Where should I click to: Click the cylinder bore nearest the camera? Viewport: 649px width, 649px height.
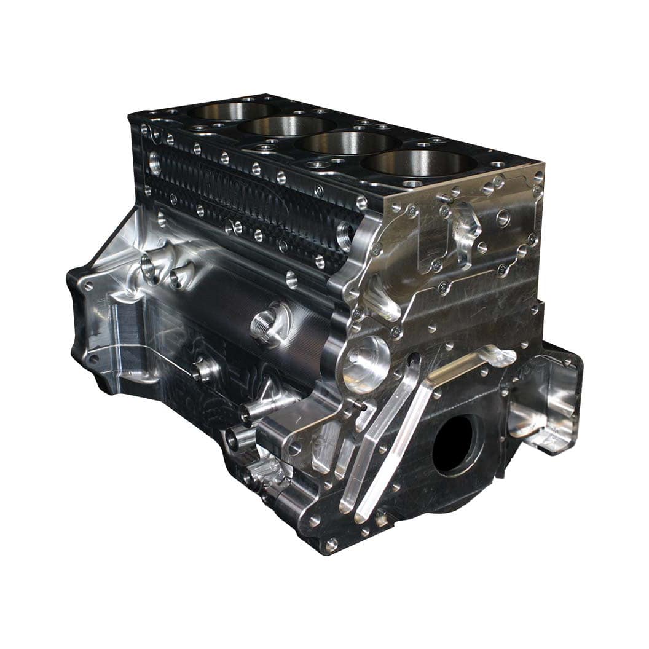point(420,163)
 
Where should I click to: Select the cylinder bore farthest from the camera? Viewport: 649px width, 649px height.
point(232,111)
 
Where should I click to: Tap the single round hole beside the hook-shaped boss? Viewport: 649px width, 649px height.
point(503,217)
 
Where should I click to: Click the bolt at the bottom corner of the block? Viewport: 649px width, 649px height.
point(331,545)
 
